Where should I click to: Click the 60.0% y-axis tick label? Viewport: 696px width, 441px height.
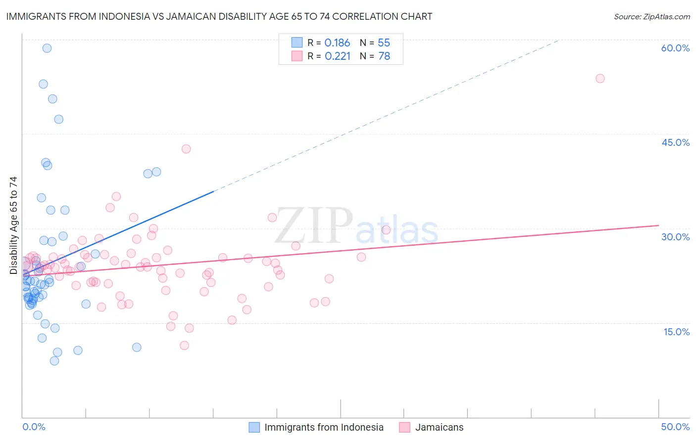pyautogui.click(x=675, y=48)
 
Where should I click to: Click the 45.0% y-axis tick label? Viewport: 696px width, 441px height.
pyautogui.click(x=675, y=142)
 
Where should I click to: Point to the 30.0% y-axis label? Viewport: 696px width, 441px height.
pyautogui.click(x=675, y=237)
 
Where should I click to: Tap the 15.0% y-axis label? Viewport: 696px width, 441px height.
pyautogui.click(x=676, y=332)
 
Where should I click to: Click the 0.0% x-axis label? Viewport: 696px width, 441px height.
pyautogui.click(x=34, y=427)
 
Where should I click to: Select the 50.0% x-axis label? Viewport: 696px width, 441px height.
pyautogui.click(x=675, y=427)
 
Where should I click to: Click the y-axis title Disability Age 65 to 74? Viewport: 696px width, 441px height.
pyautogui.click(x=13, y=225)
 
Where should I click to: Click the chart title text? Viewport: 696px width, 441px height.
pyautogui.click(x=219, y=16)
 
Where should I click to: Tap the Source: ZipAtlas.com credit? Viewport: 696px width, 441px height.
pyautogui.click(x=651, y=16)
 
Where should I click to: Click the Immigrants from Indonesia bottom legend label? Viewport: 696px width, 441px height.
pyautogui.click(x=324, y=427)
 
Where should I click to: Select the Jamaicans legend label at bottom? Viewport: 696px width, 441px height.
pyautogui.click(x=439, y=427)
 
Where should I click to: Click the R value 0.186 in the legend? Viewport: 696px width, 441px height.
pyautogui.click(x=337, y=43)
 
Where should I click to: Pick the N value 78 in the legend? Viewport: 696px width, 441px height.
pyautogui.click(x=384, y=56)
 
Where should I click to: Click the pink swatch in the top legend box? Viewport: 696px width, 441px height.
pyautogui.click(x=297, y=56)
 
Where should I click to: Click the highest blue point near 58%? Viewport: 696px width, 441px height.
pyautogui.click(x=47, y=48)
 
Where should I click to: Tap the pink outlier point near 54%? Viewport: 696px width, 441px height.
pyautogui.click(x=600, y=78)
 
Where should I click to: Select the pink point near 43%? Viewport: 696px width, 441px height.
pyautogui.click(x=186, y=149)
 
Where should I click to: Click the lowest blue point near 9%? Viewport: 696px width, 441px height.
pyautogui.click(x=54, y=361)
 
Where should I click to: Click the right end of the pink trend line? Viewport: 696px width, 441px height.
pyautogui.click(x=658, y=225)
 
